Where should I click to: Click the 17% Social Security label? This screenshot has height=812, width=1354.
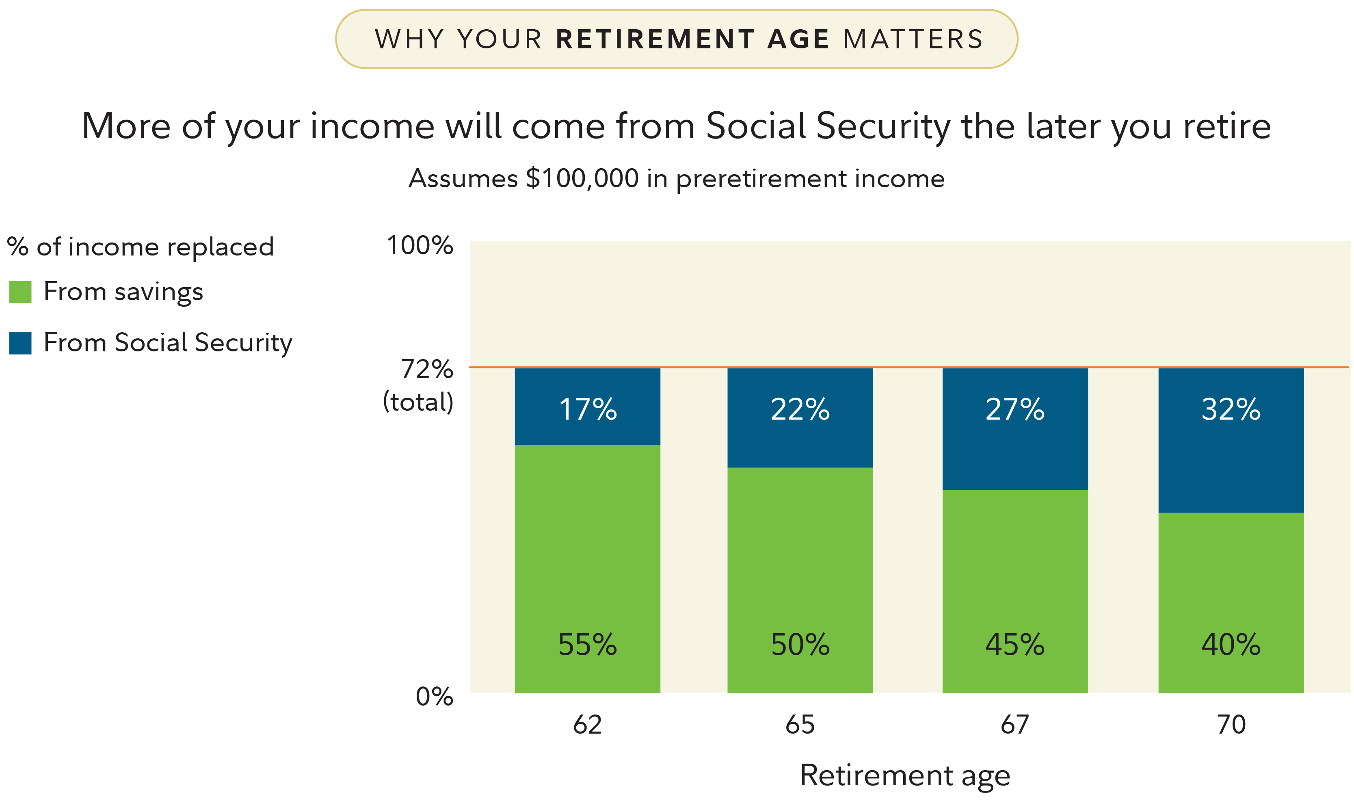(588, 409)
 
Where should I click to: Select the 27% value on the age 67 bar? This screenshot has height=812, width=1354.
(1015, 409)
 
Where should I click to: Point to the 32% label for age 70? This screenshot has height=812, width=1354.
(1231, 409)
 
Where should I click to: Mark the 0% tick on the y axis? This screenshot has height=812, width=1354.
(435, 697)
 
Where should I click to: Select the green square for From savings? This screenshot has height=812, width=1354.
(20, 292)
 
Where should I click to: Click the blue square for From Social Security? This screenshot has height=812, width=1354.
(20, 343)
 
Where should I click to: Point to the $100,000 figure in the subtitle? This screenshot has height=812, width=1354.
(582, 178)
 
